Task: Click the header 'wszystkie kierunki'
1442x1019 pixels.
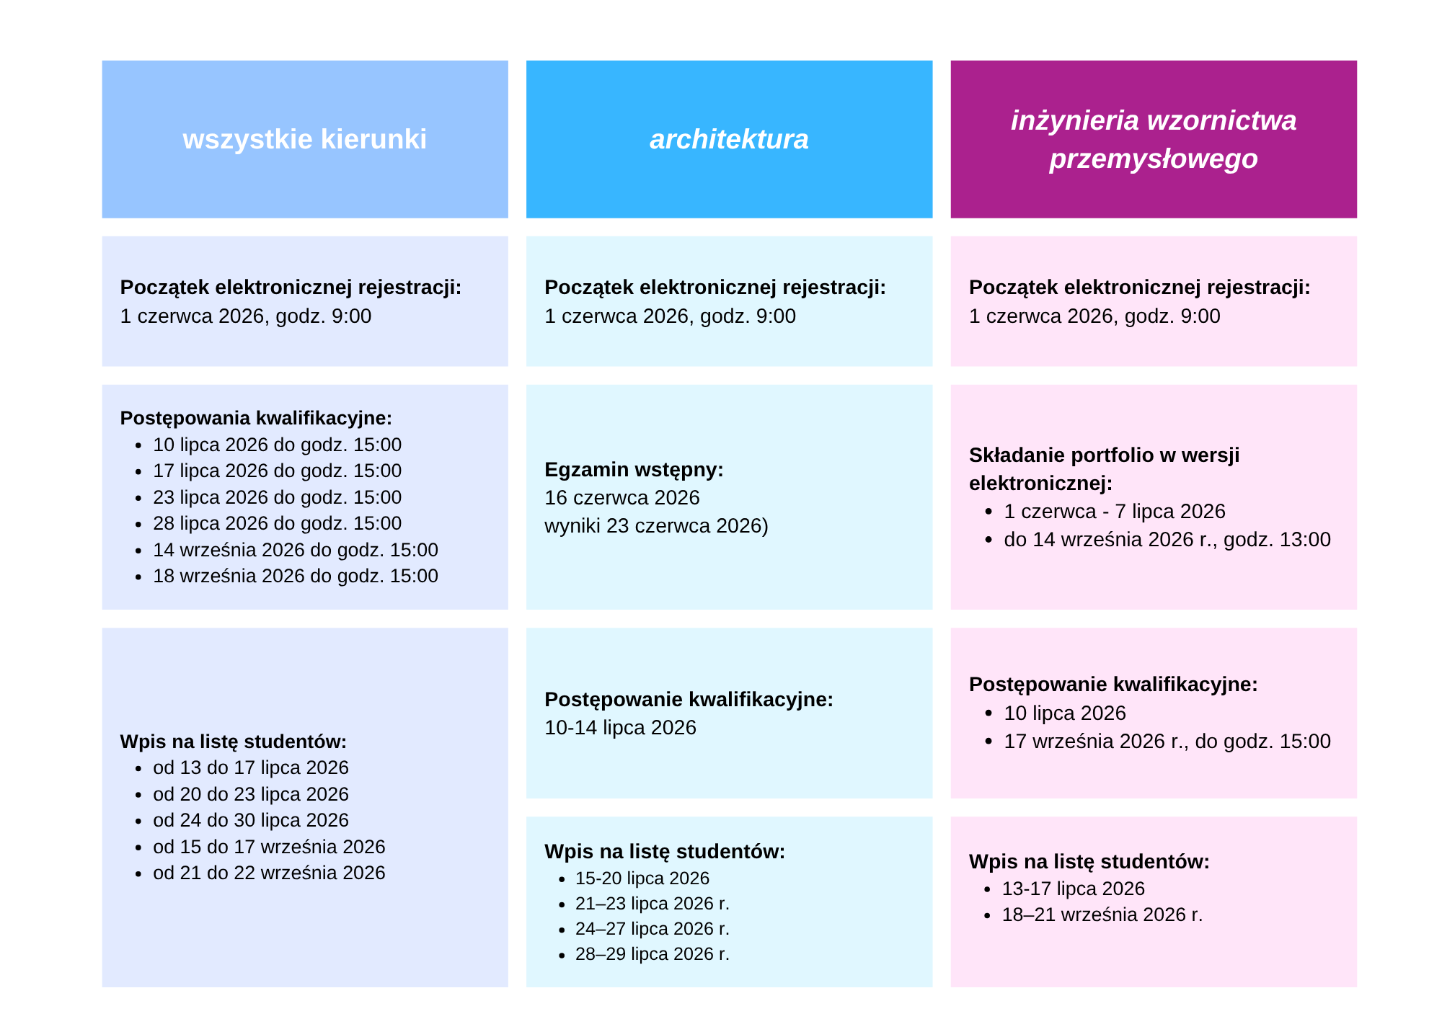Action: click(304, 139)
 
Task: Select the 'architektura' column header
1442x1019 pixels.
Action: click(729, 139)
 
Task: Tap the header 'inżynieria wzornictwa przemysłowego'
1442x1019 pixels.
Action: click(1154, 139)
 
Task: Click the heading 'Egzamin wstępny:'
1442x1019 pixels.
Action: click(634, 470)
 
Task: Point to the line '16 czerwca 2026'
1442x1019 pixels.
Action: click(622, 498)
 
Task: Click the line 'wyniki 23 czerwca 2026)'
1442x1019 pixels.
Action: click(657, 526)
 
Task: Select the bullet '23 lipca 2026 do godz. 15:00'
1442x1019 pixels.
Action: click(277, 497)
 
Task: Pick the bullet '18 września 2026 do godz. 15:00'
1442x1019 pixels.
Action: click(296, 576)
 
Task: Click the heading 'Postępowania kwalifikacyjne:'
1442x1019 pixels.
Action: click(256, 418)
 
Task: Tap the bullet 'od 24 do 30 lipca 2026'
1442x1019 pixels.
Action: click(251, 820)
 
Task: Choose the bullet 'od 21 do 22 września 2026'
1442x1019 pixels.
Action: click(269, 873)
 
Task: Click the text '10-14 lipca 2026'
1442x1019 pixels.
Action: click(620, 728)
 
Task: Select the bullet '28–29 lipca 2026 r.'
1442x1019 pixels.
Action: click(653, 954)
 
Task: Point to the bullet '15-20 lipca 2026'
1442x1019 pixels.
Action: click(642, 878)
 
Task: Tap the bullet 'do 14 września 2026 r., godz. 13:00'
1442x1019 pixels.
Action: click(1167, 540)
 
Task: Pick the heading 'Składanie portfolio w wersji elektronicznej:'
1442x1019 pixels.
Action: click(1104, 469)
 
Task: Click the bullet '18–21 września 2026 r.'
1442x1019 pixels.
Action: click(1102, 915)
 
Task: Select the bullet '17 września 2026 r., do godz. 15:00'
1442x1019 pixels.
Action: click(1167, 742)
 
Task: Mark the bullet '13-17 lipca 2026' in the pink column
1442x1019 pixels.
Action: click(1074, 889)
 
